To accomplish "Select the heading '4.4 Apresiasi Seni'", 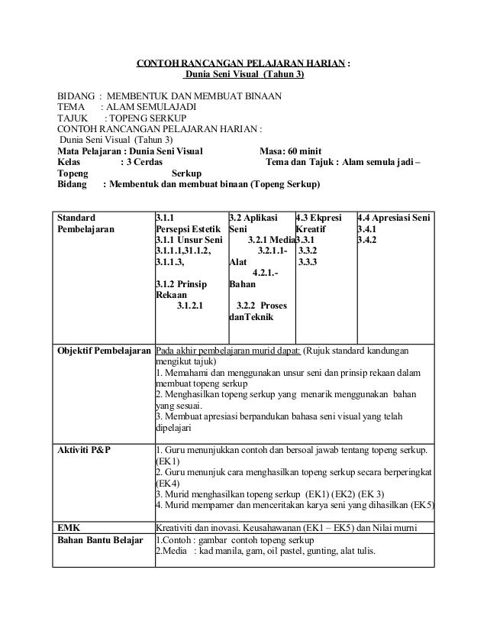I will pos(394,218).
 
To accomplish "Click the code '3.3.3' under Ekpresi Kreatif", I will pos(308,262).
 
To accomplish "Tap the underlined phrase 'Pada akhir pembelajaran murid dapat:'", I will pos(228,351).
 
